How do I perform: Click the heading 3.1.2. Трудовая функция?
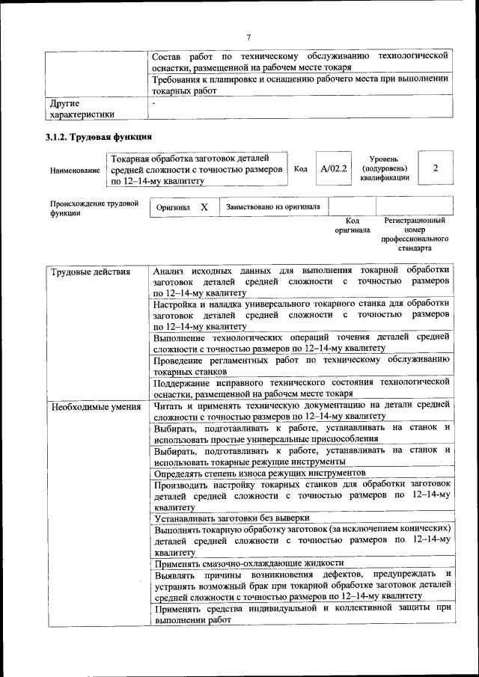coord(98,138)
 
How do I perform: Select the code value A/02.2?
coord(333,169)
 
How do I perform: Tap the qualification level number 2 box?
coord(435,169)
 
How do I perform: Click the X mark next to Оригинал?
coord(204,207)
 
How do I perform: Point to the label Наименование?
coord(75,171)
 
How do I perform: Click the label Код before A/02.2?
coord(300,169)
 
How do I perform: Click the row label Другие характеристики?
coord(82,109)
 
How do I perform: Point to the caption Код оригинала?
coord(352,225)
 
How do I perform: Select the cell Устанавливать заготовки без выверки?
coord(231,518)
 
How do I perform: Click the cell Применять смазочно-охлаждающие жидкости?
coord(248,563)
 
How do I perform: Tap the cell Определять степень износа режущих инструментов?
coord(260,473)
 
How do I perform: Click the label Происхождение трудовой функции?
coord(94,207)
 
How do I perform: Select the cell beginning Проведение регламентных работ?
coord(302,365)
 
